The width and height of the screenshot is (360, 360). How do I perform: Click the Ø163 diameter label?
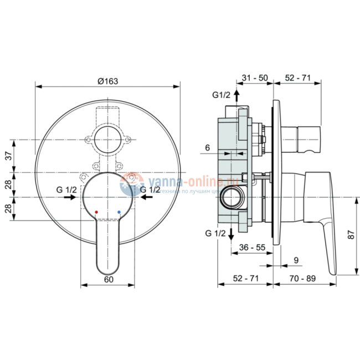tap(108, 81)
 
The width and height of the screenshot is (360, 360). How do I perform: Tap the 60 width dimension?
tap(108, 279)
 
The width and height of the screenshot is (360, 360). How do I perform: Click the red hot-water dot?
tap(96, 212)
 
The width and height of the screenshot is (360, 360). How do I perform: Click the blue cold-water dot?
tap(119, 212)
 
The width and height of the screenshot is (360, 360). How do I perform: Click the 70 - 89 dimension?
tap(305, 279)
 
